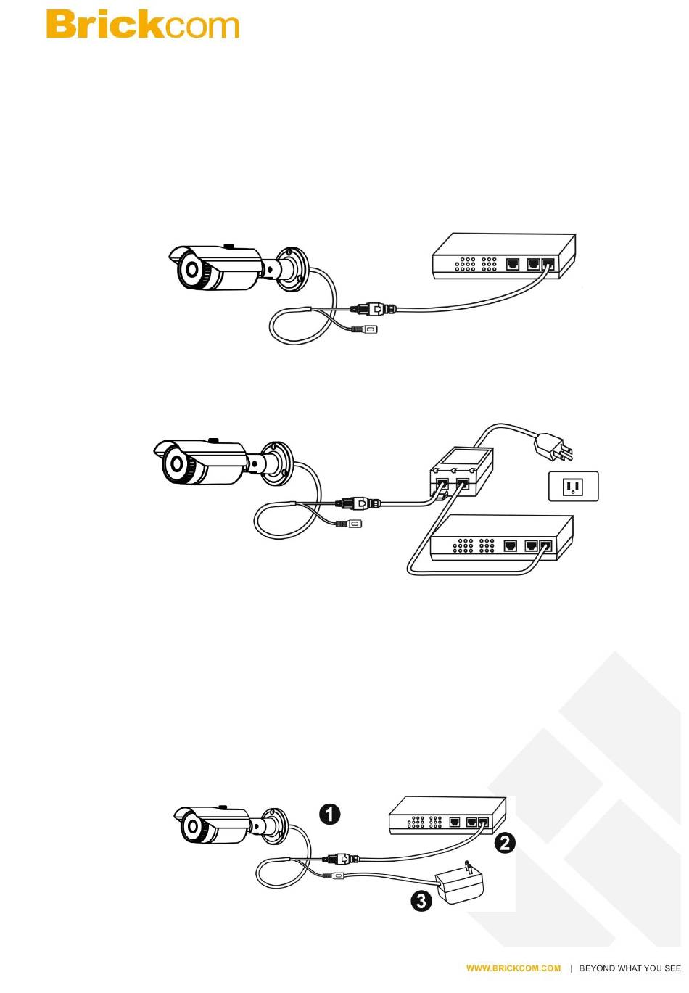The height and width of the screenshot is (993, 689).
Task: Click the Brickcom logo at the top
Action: [142, 25]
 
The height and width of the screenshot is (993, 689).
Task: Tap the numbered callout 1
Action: [330, 814]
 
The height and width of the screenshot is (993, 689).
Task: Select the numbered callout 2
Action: [505, 843]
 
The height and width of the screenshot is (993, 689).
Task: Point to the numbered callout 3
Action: [421, 901]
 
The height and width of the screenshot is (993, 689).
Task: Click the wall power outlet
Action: [573, 486]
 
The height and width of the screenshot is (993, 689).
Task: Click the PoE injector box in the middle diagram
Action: [460, 471]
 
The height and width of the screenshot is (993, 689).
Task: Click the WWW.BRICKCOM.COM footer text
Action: [513, 968]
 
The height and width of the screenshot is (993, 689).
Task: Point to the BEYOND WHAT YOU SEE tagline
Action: [630, 968]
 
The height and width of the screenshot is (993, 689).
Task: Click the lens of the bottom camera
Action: [192, 825]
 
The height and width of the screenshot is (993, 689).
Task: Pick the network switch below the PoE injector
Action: [502, 538]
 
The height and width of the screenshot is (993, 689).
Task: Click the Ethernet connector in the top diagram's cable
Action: [374, 309]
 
